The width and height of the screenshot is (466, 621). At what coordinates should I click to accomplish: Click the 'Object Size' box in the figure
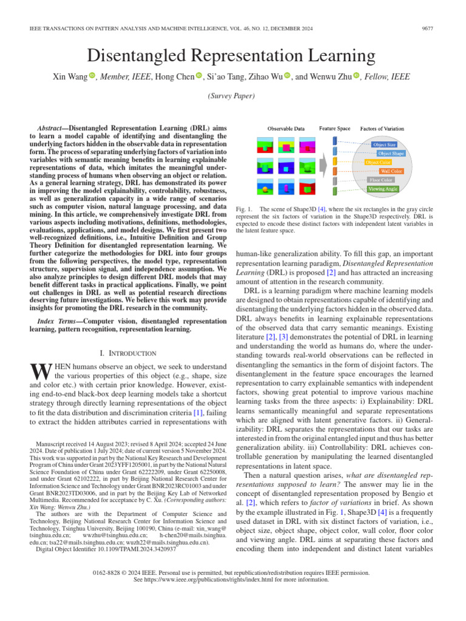tap(383, 145)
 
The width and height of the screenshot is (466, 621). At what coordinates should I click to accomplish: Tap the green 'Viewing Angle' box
tap(383, 189)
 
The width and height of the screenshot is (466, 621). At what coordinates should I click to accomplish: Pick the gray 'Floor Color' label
tap(381, 180)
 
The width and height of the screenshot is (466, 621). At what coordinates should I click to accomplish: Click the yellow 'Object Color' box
tap(378, 163)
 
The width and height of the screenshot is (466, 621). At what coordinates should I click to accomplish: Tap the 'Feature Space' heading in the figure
tap(334, 129)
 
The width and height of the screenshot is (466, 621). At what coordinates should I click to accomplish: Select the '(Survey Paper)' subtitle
tap(232, 96)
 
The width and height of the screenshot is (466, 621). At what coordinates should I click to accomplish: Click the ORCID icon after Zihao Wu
tap(288, 76)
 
